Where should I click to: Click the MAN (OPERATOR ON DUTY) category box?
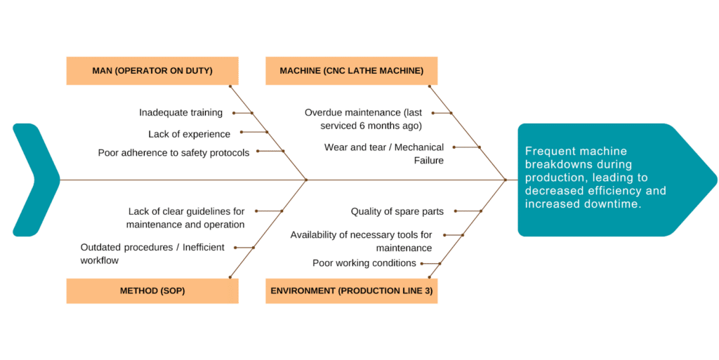tap(152, 71)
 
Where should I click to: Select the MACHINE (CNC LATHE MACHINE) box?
tap(351, 71)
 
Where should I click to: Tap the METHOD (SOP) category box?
tap(152, 291)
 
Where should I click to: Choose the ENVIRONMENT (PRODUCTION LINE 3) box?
tap(351, 291)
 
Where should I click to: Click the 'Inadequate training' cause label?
tap(180, 112)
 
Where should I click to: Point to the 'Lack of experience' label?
tap(189, 133)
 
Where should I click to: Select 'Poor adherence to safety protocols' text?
tap(173, 153)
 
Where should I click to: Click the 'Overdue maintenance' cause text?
tap(363, 119)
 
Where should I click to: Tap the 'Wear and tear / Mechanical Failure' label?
tap(384, 154)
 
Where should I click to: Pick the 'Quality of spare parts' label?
tap(397, 211)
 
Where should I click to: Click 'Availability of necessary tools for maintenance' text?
tap(361, 241)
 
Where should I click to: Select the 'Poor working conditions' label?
tap(364, 263)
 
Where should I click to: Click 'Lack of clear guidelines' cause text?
tap(185, 218)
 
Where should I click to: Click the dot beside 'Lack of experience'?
tap(242, 132)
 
